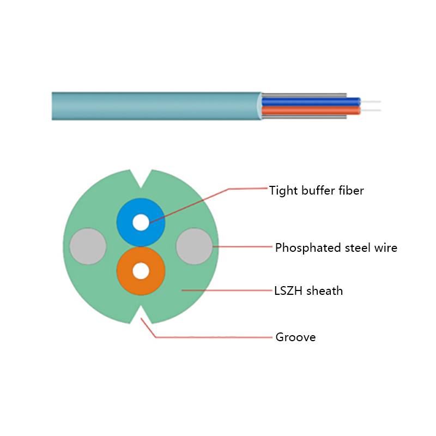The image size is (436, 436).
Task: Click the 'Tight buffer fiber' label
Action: (x=316, y=191)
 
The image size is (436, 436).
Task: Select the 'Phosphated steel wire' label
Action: (x=336, y=248)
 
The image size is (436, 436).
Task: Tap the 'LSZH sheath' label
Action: (x=308, y=290)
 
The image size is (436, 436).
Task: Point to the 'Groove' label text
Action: (x=295, y=337)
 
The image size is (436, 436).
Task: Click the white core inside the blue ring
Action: (x=141, y=222)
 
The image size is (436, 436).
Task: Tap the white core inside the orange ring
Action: (x=141, y=271)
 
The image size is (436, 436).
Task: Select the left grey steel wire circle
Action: (x=88, y=247)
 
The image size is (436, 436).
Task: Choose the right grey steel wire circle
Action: (x=194, y=247)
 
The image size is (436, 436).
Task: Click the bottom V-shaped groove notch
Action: (x=141, y=316)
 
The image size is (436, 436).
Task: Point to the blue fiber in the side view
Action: (x=311, y=101)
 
